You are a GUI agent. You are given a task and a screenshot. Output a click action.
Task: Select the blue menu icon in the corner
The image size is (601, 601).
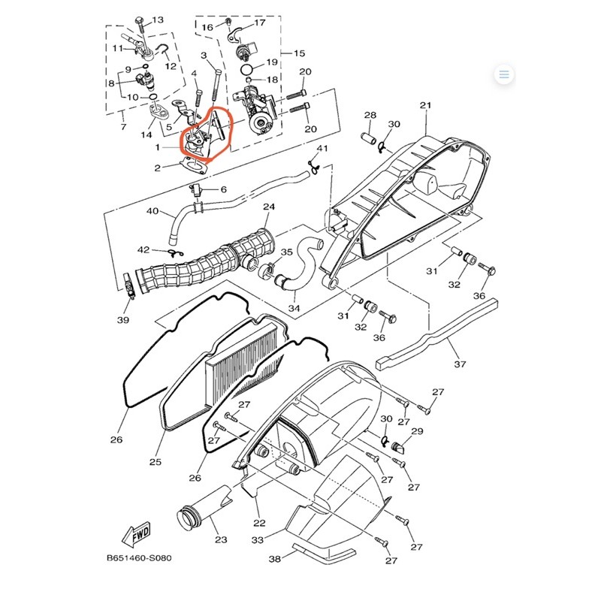pyautogui.click(x=504, y=74)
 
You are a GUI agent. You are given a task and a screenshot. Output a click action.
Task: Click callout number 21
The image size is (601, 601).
pyautogui.click(x=426, y=105)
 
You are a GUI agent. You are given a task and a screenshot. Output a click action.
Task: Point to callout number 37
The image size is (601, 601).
pyautogui.click(x=460, y=364)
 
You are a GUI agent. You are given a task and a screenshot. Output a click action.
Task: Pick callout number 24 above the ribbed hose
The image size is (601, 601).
pyautogui.click(x=268, y=207)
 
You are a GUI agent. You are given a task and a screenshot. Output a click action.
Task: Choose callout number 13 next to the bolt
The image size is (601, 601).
pyautogui.click(x=158, y=20)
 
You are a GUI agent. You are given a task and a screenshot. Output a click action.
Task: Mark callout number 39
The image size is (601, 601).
pyautogui.click(x=123, y=320)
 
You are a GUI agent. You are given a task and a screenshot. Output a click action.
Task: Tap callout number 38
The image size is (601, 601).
pyautogui.click(x=274, y=559)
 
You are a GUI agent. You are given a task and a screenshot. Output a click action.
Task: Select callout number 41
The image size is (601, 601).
pyautogui.click(x=322, y=148)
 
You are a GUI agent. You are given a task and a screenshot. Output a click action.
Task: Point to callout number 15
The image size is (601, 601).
pyautogui.click(x=299, y=53)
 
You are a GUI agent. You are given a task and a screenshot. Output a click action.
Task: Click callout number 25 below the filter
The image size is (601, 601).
pyautogui.click(x=156, y=461)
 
